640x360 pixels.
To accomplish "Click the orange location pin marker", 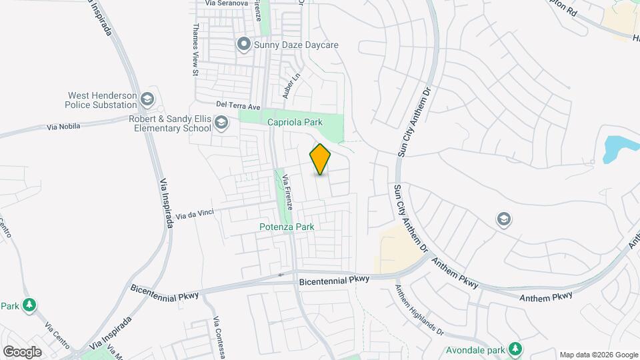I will tap(320, 159).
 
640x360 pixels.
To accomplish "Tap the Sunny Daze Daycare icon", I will tap(244, 45).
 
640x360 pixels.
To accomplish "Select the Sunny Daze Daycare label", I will tap(296, 45).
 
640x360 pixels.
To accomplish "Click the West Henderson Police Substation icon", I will tap(147, 100).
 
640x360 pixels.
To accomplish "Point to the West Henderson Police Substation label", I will tap(101, 100).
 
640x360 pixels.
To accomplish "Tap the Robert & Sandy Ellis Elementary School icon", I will tap(221, 123).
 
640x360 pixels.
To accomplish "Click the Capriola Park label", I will tap(295, 122).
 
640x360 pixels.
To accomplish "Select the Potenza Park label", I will tap(287, 227).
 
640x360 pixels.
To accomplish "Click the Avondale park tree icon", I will tap(515, 349).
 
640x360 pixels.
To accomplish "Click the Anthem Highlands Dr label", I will tap(419, 311).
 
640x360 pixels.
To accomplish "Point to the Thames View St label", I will tap(196, 49).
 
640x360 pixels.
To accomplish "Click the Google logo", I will tap(22, 351).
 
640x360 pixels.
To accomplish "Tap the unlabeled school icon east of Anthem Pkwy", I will tap(504, 219).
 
